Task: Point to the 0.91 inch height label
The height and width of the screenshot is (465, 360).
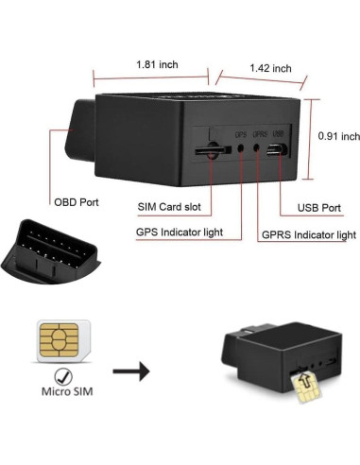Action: [336, 136]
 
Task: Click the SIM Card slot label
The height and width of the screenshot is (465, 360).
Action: [172, 207]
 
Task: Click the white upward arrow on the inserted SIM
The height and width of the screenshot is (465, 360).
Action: [303, 380]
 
